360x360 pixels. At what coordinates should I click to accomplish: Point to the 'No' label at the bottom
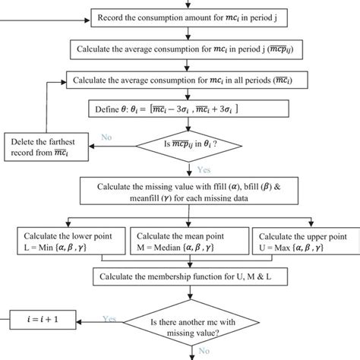point(204,352)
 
